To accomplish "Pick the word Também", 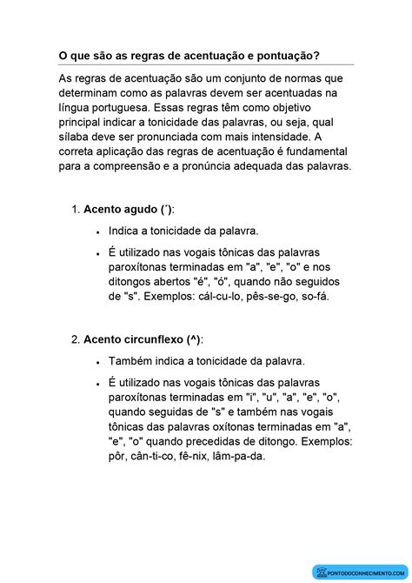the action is tap(133, 360).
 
